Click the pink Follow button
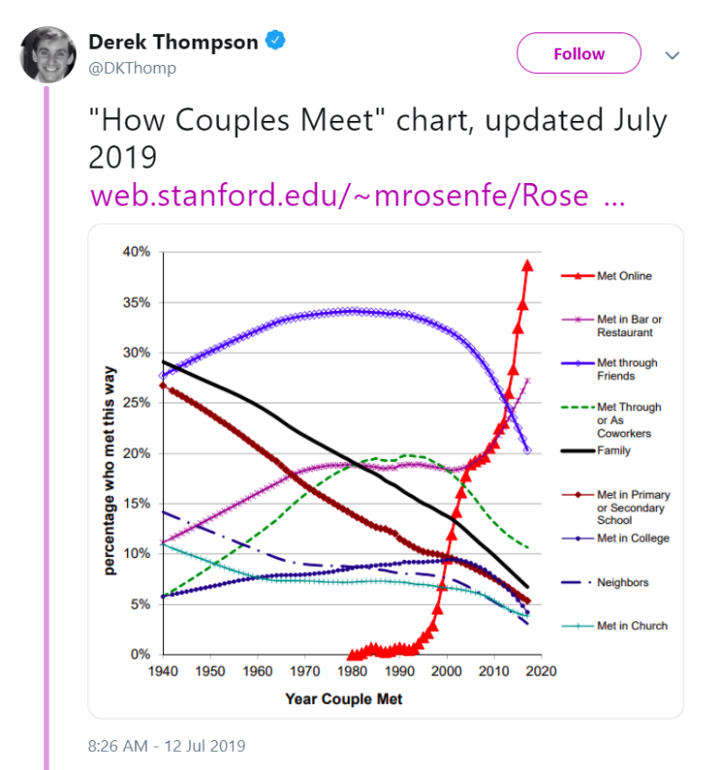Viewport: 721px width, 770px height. pos(579,53)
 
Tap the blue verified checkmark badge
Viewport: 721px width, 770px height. pos(276,40)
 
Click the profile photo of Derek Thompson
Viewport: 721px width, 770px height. pos(48,54)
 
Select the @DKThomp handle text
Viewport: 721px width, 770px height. pos(132,68)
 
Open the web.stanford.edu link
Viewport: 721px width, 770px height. pos(357,196)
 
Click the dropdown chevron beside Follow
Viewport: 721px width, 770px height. pos(672,55)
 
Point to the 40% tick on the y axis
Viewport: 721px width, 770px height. pos(136,252)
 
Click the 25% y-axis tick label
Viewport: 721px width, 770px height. pos(136,403)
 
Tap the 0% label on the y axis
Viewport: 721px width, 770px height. pos(141,654)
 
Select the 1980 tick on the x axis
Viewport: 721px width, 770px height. pos(351,671)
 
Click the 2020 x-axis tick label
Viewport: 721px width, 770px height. pos(542,671)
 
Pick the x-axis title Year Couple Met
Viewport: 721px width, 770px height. pos(343,699)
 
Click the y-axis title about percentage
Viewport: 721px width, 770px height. pos(109,471)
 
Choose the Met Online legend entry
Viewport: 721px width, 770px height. pos(607,276)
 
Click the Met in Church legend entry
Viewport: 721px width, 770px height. pos(615,626)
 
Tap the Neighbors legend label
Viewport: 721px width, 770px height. pos(623,582)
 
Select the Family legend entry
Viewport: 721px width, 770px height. pos(596,450)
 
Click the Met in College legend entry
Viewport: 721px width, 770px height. pos(616,538)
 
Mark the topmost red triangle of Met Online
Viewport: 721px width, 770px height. pos(527,266)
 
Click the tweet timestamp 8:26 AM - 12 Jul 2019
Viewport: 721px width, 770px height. pos(167,746)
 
